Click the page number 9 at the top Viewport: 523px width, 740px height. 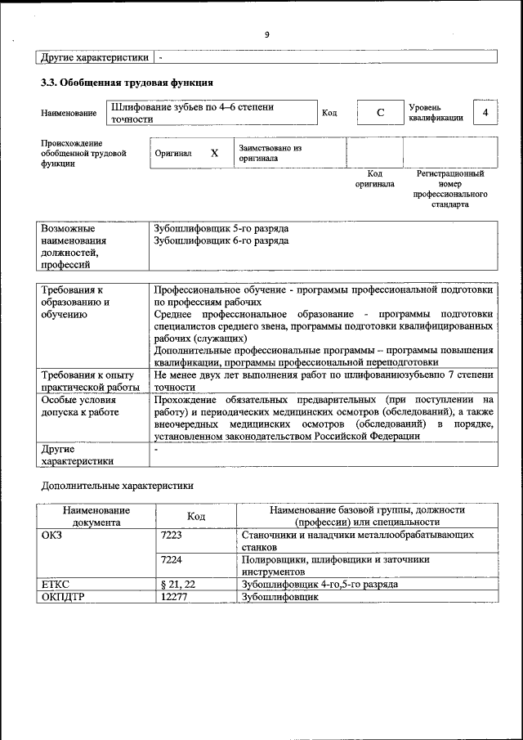coord(266,34)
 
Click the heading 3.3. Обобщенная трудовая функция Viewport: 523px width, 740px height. coord(127,83)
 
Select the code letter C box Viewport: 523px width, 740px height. coord(380,113)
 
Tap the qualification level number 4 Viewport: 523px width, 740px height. coord(485,112)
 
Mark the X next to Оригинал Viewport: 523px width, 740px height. coord(215,153)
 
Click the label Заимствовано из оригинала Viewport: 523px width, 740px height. coord(270,153)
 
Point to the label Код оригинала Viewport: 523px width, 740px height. coord(374,179)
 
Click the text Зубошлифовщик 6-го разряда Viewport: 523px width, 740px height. coord(221,241)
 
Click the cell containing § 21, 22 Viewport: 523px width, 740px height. coord(179,585)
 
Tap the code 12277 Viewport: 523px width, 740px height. coord(175,597)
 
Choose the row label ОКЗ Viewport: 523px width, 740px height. coord(51,534)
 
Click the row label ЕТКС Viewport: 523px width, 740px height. coord(56,585)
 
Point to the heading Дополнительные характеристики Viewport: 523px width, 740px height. coord(118,485)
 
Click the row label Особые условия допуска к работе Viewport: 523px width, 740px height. coord(80,406)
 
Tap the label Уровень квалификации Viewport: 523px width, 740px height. coord(436,113)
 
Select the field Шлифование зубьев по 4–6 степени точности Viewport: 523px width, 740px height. coord(211,113)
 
